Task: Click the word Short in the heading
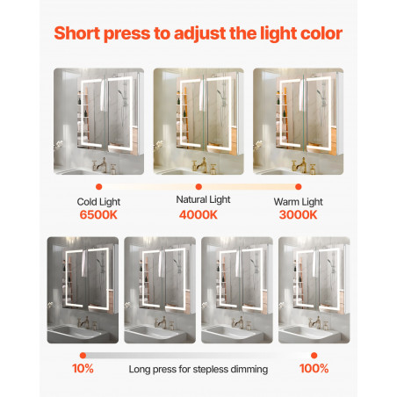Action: click(x=77, y=33)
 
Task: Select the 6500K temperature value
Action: click(x=98, y=215)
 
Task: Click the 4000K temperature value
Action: click(x=198, y=215)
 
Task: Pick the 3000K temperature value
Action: click(x=298, y=215)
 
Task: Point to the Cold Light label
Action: click(x=98, y=202)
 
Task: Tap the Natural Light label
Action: click(x=203, y=199)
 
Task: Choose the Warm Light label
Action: click(x=299, y=202)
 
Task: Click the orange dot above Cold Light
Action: click(x=99, y=186)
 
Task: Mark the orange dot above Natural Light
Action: click(x=198, y=186)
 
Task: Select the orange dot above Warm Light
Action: click(x=299, y=186)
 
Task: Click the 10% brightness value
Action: click(x=83, y=369)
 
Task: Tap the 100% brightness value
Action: click(x=314, y=369)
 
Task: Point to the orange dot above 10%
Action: click(x=83, y=356)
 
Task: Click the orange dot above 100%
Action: click(x=314, y=356)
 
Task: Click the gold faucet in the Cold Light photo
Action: click(x=100, y=164)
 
